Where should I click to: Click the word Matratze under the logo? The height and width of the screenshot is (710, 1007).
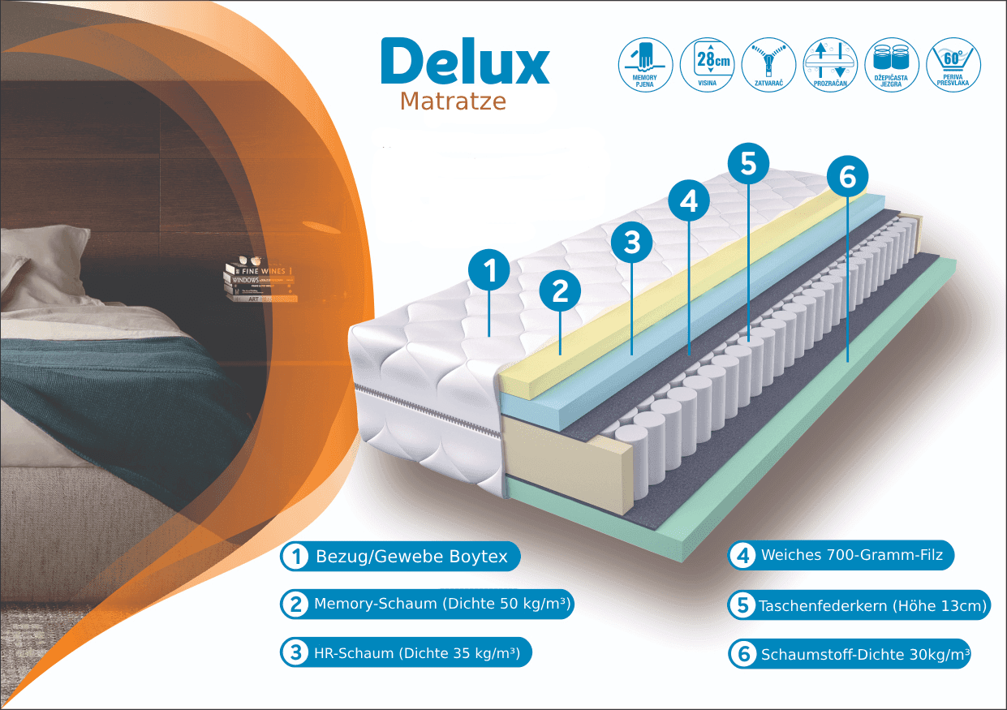point(453,101)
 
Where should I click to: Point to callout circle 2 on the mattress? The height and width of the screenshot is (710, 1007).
point(561,291)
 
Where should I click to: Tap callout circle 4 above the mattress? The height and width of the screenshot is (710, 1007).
point(689,200)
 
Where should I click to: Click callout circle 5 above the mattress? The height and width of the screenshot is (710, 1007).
point(748,163)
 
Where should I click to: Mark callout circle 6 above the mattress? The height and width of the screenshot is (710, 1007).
point(847,177)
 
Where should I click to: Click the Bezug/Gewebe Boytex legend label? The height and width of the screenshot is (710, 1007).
point(400,557)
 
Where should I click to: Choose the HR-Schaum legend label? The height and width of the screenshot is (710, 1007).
point(407,652)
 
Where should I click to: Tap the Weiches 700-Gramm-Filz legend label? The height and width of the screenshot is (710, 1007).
point(841,556)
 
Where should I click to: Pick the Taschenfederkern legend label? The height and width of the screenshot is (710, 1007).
point(859,605)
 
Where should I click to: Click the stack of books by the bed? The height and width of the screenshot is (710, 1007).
point(258,282)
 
